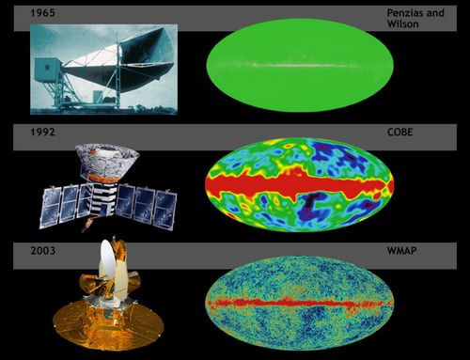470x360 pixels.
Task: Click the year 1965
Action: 42,13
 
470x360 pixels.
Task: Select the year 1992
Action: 42,132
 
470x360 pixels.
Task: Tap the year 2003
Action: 43,251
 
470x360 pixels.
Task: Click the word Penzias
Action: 405,13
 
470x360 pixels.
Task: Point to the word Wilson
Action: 402,24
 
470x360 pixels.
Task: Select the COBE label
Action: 399,132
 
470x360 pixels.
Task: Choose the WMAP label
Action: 401,251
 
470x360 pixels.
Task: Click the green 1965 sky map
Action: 300,65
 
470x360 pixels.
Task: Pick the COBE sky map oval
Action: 300,184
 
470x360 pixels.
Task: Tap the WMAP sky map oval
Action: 300,303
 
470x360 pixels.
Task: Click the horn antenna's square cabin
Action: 47,70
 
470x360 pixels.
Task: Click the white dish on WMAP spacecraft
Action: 107,261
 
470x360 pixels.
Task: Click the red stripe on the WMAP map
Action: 299,304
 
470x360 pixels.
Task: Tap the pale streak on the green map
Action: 298,66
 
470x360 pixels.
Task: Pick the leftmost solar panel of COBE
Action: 51,208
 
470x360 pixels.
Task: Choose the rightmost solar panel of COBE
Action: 165,210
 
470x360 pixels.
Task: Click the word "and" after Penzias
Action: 435,13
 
